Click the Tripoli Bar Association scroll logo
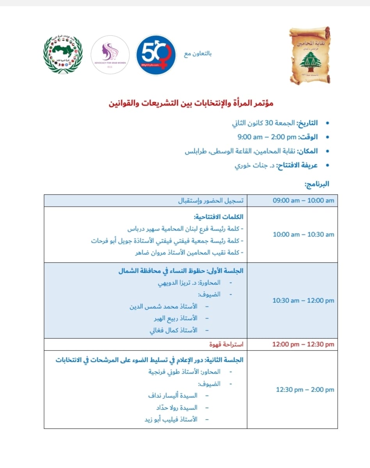click(310, 55)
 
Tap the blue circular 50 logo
click(155, 55)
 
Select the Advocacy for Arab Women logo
click(110, 55)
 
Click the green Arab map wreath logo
click(63, 55)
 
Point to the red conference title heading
click(191, 104)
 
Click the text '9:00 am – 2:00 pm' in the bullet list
click(267, 137)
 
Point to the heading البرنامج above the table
click(317, 184)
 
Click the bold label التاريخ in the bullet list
click(308, 123)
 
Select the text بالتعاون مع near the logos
click(198, 54)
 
